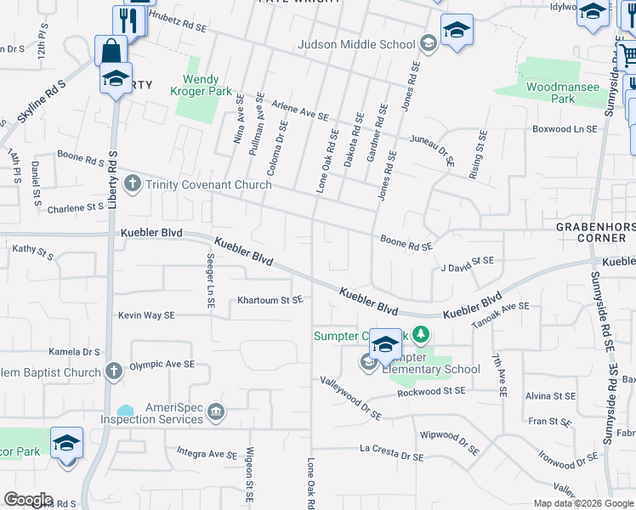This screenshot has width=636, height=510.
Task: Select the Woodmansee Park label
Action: pyautogui.click(x=550, y=93)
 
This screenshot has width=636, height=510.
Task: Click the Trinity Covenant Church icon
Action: pyautogui.click(x=132, y=184)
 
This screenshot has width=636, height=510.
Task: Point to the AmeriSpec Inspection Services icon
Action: pyautogui.click(x=216, y=413)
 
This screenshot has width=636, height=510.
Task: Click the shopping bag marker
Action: pyautogui.click(x=111, y=51)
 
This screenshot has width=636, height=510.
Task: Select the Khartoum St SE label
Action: pyautogui.click(x=270, y=300)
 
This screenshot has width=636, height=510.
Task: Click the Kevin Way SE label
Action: pyautogui.click(x=146, y=314)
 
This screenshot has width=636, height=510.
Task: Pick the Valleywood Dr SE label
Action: pyautogui.click(x=350, y=399)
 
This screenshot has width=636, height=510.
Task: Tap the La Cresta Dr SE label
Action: pyautogui.click(x=391, y=452)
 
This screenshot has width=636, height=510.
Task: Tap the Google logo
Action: pyautogui.click(x=28, y=500)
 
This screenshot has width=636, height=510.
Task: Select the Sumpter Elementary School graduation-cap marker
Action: pyautogui.click(x=385, y=343)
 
